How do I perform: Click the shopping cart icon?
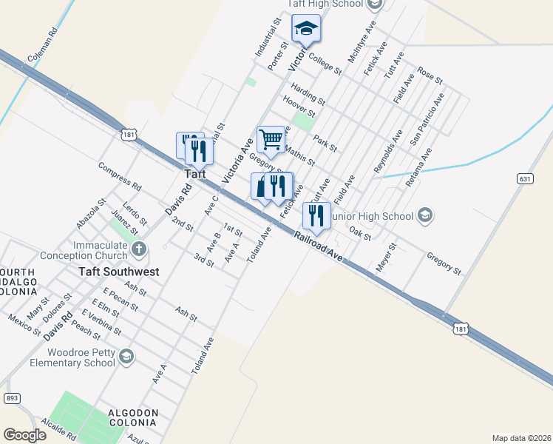(271, 139)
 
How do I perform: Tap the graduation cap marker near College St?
(305, 29)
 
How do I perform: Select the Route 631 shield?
(525, 179)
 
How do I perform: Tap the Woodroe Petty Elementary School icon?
(126, 358)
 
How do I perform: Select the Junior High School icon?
(424, 216)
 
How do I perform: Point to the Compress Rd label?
(119, 175)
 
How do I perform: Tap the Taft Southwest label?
(119, 272)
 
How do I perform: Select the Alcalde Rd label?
(59, 431)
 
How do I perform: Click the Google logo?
(24, 435)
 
